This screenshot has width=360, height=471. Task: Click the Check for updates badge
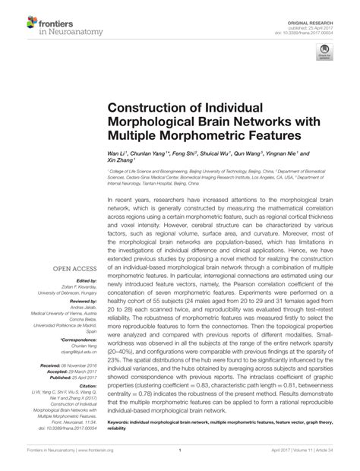(x=325, y=53)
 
